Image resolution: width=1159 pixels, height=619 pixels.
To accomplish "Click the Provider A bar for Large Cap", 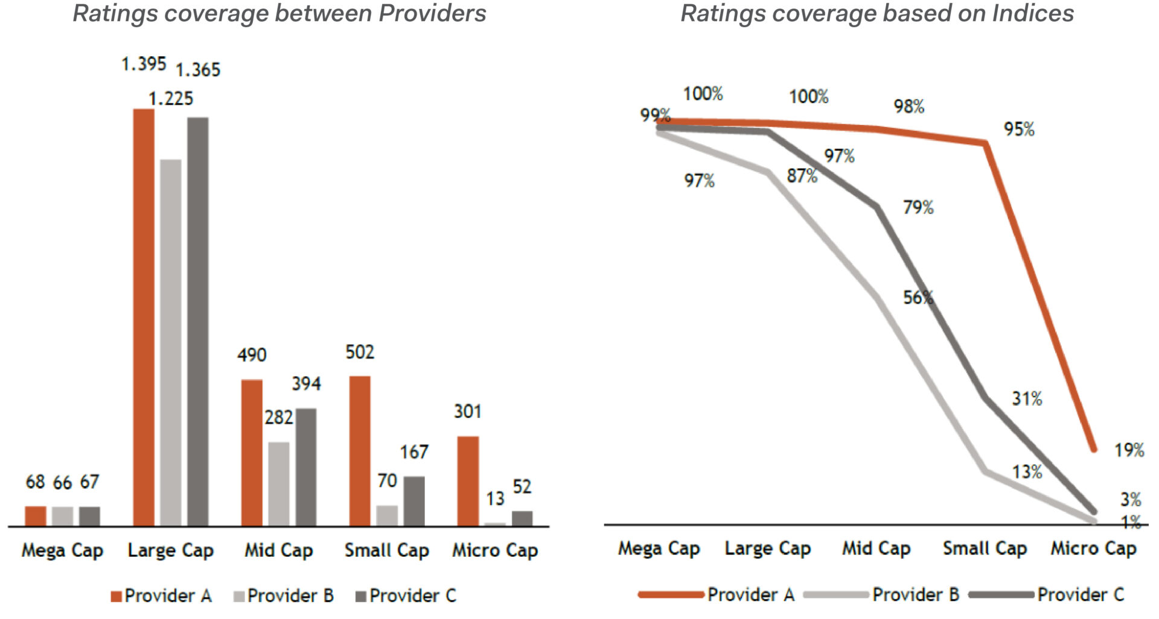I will [144, 317].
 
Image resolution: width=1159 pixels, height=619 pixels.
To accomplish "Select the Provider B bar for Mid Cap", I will [279, 483].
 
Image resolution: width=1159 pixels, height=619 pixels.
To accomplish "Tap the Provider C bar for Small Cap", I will [414, 501].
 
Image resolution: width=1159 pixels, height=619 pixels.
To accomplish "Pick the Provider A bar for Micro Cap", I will [468, 481].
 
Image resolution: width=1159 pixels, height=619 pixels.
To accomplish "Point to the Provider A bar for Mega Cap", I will [36, 516].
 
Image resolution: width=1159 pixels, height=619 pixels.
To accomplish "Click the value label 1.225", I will [171, 98].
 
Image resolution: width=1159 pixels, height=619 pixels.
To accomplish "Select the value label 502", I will [360, 352].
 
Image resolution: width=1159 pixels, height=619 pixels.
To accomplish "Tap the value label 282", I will [279, 417].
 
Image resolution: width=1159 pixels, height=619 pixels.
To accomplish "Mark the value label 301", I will [468, 411].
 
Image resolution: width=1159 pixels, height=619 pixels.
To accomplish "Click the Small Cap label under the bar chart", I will [387, 550].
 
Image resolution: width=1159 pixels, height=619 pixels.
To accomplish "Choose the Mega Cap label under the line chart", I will [659, 548].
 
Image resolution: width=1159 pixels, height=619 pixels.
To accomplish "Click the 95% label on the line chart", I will [1019, 129].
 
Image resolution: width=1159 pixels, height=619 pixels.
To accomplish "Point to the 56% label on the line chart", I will [918, 297].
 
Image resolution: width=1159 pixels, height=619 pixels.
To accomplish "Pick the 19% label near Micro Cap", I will [1129, 450].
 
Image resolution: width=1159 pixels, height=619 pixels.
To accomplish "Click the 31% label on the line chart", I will [1027, 399].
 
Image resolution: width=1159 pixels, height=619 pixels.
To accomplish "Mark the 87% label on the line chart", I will [802, 176].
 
